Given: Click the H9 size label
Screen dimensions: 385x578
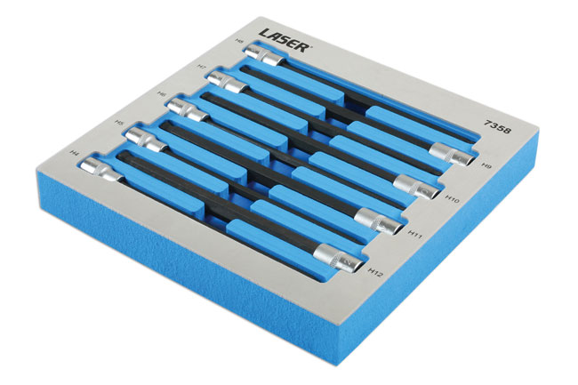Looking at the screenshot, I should pos(486,164).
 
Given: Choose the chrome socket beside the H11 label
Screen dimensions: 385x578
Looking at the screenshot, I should pos(375,219).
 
